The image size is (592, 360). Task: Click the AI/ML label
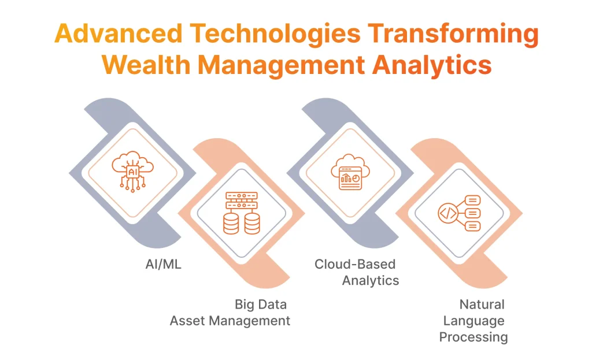pos(162,266)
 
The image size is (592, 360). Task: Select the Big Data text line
pos(260,304)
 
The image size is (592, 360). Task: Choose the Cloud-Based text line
pos(355,264)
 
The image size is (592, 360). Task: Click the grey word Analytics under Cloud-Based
pos(371,281)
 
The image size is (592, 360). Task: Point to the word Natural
pos(482,304)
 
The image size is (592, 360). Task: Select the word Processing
pos(473,337)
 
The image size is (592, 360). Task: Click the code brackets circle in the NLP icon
pos(448,213)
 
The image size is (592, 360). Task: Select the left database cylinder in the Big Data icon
pos(231,224)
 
